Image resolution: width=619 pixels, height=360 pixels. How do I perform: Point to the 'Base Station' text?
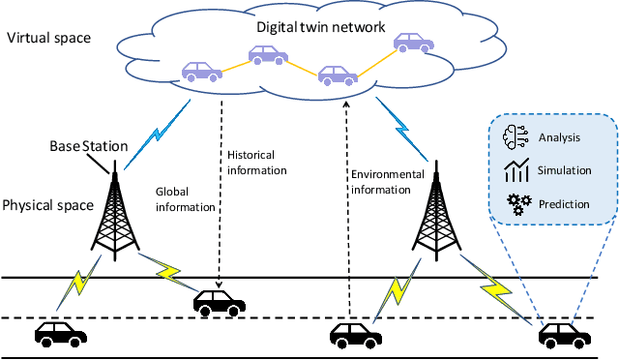pos(88,146)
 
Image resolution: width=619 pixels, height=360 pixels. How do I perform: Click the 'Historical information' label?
pos(256,163)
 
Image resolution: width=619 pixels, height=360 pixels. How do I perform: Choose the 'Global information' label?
pos(185,198)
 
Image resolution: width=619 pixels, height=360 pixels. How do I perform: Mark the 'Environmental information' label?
pos(388,183)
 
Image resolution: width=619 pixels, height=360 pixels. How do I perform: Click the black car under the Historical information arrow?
pos(220,303)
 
